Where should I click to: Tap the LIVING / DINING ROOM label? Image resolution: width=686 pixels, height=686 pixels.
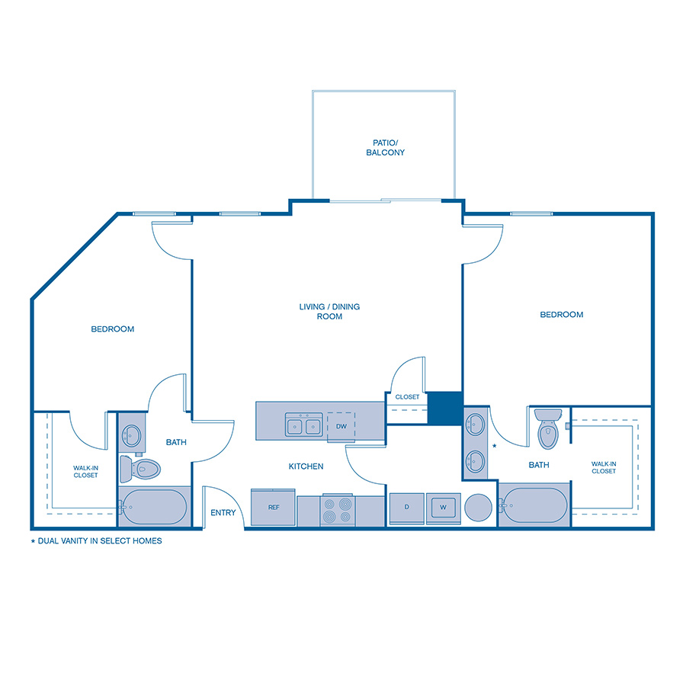pyautogui.click(x=329, y=311)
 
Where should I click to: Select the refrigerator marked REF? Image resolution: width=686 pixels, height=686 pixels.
pyautogui.click(x=273, y=508)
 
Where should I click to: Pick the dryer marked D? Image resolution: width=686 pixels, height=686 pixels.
pyautogui.click(x=406, y=508)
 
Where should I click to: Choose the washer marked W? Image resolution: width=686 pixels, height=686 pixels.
pyautogui.click(x=442, y=508)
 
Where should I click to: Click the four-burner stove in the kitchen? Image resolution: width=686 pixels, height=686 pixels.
pyautogui.click(x=337, y=510)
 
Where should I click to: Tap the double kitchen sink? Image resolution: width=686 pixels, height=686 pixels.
pyautogui.click(x=303, y=425)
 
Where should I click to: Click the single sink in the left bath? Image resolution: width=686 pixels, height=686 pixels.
pyautogui.click(x=132, y=435)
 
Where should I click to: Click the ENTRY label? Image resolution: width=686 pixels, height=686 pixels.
pyautogui.click(x=223, y=513)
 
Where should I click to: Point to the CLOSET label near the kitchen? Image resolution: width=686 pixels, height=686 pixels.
pyautogui.click(x=407, y=397)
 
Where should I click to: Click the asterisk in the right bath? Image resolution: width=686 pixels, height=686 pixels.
pyautogui.click(x=495, y=445)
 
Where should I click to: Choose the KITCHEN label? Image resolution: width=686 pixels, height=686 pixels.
pyautogui.click(x=306, y=466)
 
